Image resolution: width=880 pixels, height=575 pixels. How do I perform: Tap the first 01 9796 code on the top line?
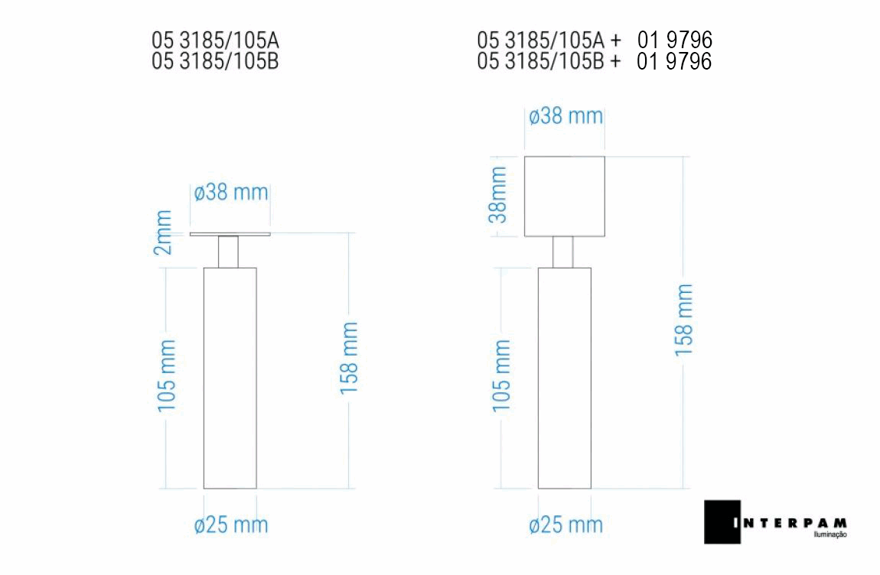[x=673, y=40]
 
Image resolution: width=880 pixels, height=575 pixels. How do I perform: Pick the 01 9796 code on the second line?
[x=673, y=61]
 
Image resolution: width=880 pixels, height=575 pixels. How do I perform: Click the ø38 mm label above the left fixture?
[x=231, y=192]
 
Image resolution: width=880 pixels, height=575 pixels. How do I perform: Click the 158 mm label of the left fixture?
[x=349, y=358]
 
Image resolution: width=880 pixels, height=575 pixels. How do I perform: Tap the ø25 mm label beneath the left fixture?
[x=231, y=525]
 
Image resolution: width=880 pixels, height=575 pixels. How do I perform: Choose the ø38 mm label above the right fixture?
[x=565, y=117]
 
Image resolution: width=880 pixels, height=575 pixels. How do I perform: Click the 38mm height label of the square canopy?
[x=498, y=195]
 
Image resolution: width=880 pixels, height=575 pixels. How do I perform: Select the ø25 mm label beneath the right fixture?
[x=565, y=525]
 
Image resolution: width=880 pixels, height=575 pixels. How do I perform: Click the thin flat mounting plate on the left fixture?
[x=230, y=234]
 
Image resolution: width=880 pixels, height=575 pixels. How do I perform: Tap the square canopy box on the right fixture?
[x=565, y=197]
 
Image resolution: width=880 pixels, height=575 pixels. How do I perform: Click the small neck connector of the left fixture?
[x=229, y=252]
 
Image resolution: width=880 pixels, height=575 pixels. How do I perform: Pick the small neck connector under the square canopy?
[x=563, y=252]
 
